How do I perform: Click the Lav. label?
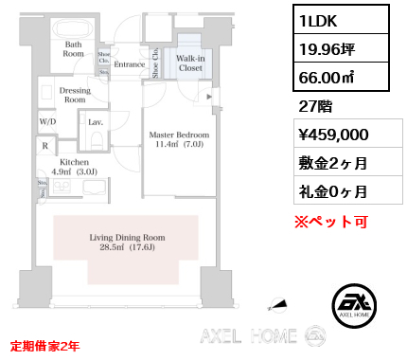pos(96,122)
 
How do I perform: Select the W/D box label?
pos(47,122)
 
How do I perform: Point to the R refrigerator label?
pos(44,146)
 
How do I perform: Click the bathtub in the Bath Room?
pos(73,27)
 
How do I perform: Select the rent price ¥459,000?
pos(328,135)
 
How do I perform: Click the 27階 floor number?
pos(312,106)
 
